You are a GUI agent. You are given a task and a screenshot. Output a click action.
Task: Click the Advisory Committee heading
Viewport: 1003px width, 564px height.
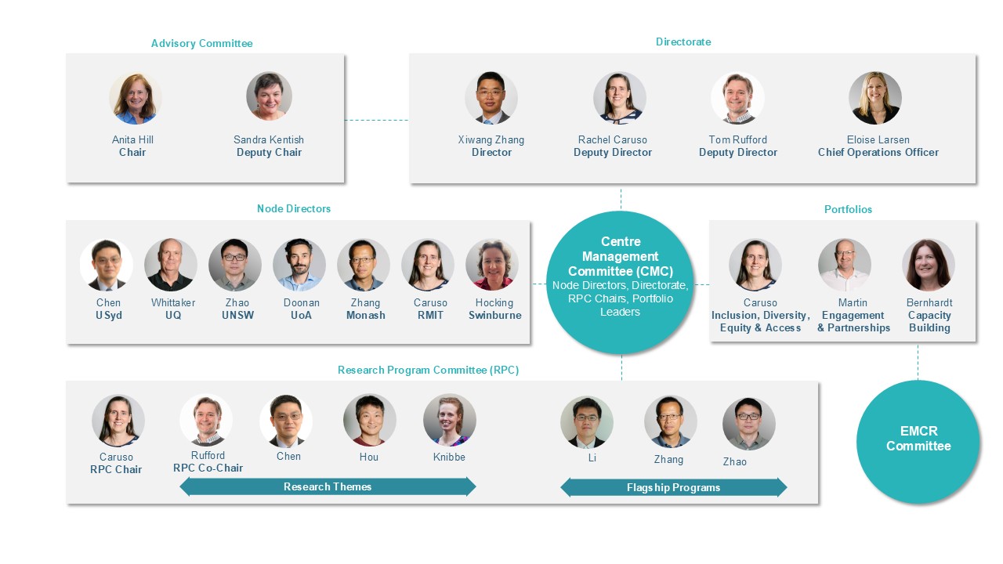click(201, 43)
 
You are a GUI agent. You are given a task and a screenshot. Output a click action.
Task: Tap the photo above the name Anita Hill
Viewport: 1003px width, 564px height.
click(136, 98)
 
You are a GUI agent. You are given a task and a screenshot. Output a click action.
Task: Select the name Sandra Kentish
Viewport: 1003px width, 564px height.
click(269, 139)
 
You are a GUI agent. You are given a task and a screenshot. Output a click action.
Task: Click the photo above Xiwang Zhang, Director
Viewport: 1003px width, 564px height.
click(491, 98)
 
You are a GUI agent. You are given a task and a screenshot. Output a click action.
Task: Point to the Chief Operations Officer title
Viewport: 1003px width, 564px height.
click(878, 152)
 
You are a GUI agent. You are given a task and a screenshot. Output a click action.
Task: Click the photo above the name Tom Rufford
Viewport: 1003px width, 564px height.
click(737, 98)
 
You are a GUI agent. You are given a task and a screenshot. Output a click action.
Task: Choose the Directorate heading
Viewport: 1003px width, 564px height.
click(683, 42)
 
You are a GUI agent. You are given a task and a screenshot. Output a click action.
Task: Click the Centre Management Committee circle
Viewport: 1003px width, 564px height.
click(621, 283)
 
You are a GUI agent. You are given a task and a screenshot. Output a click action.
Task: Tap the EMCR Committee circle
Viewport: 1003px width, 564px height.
click(918, 441)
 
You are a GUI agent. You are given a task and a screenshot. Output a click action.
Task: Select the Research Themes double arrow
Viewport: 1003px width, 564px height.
click(328, 486)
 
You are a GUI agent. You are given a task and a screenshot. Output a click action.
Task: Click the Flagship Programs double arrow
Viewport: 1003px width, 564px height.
click(673, 487)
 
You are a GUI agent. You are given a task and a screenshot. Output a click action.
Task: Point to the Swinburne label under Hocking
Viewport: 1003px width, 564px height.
click(494, 315)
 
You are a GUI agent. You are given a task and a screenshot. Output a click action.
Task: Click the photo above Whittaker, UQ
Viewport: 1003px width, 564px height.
click(171, 265)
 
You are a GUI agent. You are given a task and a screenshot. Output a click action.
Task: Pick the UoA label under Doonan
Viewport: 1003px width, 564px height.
click(301, 315)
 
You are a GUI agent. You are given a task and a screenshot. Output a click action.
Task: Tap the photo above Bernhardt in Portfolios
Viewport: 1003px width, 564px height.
click(929, 265)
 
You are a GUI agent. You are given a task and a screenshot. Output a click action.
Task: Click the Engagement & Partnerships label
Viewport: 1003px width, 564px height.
click(853, 321)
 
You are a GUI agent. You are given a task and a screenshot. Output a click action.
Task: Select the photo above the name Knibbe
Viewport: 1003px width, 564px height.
click(450, 420)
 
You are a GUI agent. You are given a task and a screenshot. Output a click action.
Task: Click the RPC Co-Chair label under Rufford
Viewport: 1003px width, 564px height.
click(208, 468)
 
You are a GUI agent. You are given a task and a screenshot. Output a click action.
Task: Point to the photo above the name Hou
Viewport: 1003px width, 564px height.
click(369, 420)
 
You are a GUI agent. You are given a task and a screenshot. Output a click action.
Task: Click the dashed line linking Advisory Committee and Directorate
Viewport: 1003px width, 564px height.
click(377, 120)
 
